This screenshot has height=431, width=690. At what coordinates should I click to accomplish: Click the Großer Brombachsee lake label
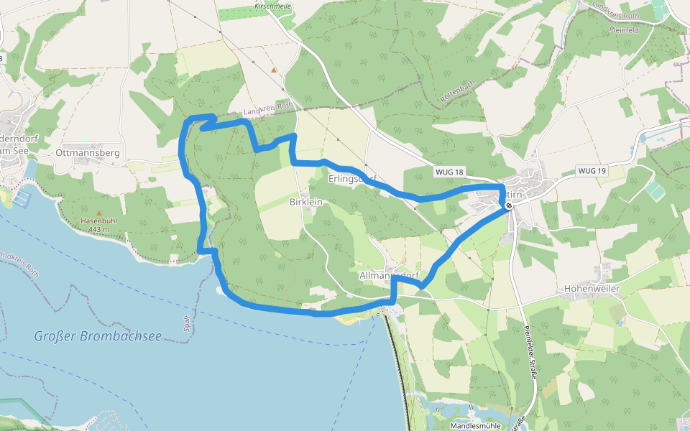coord(98,335)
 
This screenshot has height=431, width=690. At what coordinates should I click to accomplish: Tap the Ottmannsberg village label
coord(87,153)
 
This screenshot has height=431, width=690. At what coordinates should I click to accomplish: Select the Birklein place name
coord(305,203)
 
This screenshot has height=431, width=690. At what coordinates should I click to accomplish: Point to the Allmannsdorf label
coord(388,275)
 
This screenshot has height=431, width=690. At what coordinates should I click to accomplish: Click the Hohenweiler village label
coord(592,288)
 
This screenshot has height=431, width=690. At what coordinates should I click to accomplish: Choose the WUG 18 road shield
coord(450,172)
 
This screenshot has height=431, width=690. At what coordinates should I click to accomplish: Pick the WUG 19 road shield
coord(592,171)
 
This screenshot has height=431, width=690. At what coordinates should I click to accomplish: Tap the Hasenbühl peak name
coord(98,221)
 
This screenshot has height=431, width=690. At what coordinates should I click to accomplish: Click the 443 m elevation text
coord(98,229)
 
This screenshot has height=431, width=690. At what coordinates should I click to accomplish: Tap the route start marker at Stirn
coord(509,205)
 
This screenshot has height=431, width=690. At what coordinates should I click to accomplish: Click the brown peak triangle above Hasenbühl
coord(98,213)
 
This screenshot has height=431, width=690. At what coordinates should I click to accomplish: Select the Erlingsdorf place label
coord(352,177)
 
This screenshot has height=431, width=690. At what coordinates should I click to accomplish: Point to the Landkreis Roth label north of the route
coord(269,109)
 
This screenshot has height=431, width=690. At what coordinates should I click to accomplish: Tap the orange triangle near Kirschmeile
coord(274,70)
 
